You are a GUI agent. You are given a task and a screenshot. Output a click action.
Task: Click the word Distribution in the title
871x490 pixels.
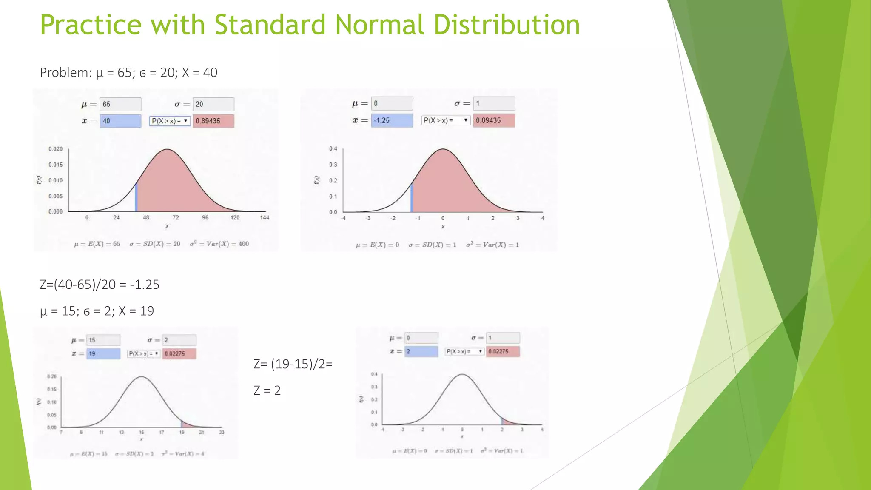click(x=507, y=25)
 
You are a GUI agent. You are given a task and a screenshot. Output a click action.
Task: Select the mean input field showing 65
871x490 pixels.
click(x=120, y=104)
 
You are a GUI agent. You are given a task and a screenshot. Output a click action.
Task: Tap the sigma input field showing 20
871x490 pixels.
click(x=213, y=104)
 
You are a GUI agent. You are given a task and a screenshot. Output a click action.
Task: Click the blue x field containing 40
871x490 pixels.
click(x=120, y=121)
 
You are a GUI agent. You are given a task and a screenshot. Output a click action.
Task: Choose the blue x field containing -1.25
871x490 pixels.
click(x=392, y=120)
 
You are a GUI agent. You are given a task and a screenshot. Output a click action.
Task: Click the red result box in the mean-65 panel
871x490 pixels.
click(x=213, y=121)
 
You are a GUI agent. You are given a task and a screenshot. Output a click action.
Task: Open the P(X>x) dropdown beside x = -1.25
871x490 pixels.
click(x=446, y=120)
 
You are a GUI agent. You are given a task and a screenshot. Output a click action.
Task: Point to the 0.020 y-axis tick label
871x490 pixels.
click(x=55, y=149)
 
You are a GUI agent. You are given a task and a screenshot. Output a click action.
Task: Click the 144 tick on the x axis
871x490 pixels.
click(x=265, y=218)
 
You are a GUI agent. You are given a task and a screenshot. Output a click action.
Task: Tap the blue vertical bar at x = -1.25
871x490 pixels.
click(x=412, y=198)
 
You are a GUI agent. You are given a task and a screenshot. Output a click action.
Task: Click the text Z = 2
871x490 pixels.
click(x=267, y=390)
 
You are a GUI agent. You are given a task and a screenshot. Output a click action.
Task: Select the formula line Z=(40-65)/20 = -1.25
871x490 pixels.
click(x=100, y=285)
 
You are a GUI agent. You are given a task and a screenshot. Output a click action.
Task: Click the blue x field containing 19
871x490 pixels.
click(x=103, y=354)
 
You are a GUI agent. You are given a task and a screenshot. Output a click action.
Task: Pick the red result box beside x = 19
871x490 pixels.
click(x=179, y=354)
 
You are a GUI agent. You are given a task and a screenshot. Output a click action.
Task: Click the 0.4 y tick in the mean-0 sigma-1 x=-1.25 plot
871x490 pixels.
click(x=333, y=149)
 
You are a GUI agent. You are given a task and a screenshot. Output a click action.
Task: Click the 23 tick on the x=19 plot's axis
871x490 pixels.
click(x=222, y=433)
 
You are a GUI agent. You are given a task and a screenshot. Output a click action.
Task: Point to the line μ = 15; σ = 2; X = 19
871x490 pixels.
click(x=97, y=311)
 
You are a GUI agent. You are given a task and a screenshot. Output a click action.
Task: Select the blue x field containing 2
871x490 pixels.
click(x=421, y=351)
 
